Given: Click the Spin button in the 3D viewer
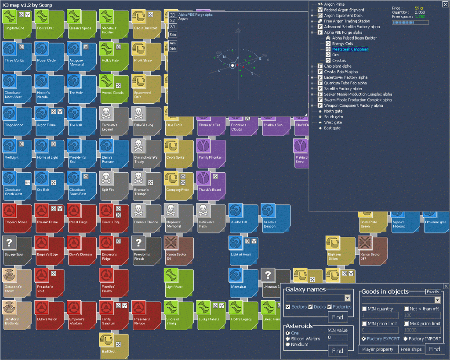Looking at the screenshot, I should pyautogui.click(x=173, y=35).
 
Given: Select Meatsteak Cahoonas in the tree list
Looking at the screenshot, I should pyautogui.click(x=350, y=49).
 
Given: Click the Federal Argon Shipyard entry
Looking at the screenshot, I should pyautogui.click(x=344, y=10).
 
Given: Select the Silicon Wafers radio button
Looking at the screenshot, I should pyautogui.click(x=288, y=339).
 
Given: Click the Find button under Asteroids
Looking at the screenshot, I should pyautogui.click(x=337, y=351).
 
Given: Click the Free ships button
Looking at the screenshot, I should pyautogui.click(x=411, y=349).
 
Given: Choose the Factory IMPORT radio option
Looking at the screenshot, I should pyautogui.click(x=406, y=339).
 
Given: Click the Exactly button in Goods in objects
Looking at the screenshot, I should pyautogui.click(x=433, y=292).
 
